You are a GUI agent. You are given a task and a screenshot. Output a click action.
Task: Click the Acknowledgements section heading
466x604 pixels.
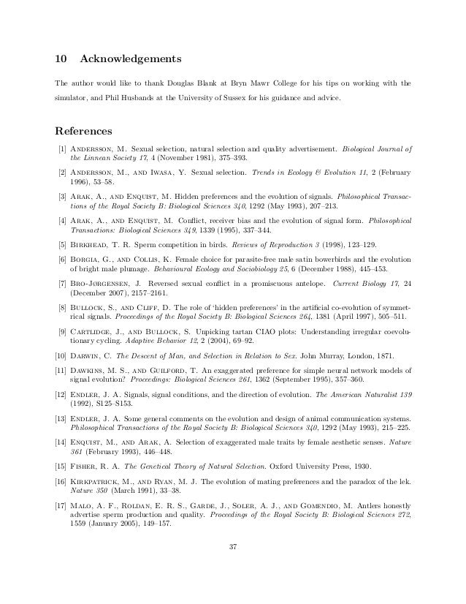pos(130,58)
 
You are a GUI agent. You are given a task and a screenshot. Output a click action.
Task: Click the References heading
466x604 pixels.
pos(83,132)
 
